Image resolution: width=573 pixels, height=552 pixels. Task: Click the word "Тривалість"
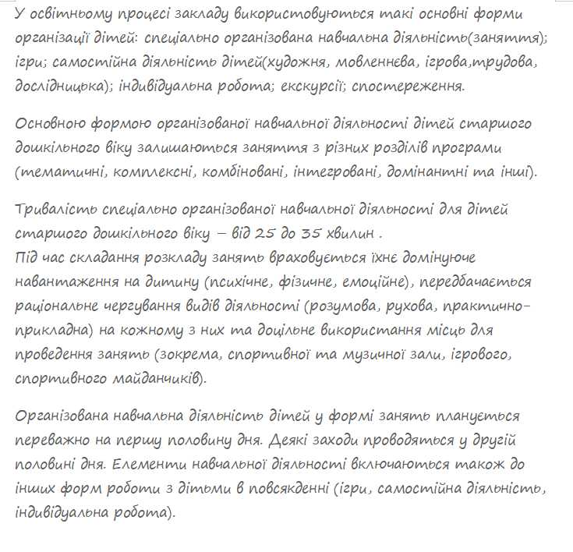(x=55, y=210)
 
